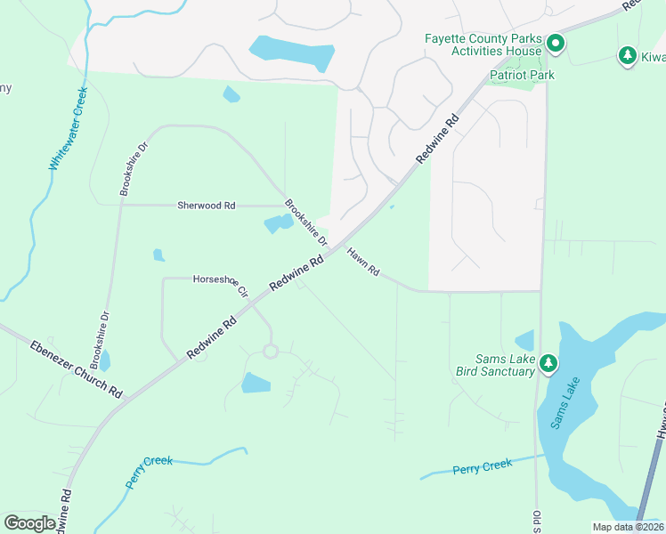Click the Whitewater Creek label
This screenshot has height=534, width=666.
[68, 128]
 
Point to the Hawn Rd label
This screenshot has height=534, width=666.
[363, 261]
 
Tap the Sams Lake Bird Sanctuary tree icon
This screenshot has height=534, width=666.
[548, 362]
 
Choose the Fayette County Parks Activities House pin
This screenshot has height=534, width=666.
[556, 42]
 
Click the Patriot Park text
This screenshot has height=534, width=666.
[521, 75]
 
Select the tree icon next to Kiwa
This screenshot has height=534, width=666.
[627, 56]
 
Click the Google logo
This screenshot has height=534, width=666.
[29, 522]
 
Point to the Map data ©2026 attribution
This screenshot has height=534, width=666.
[627, 527]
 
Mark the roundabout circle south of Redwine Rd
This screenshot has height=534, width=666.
[270, 352]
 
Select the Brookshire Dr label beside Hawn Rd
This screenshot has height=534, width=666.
[306, 222]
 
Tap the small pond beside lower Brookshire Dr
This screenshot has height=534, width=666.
[105, 360]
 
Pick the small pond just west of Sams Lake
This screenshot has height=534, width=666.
[524, 340]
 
